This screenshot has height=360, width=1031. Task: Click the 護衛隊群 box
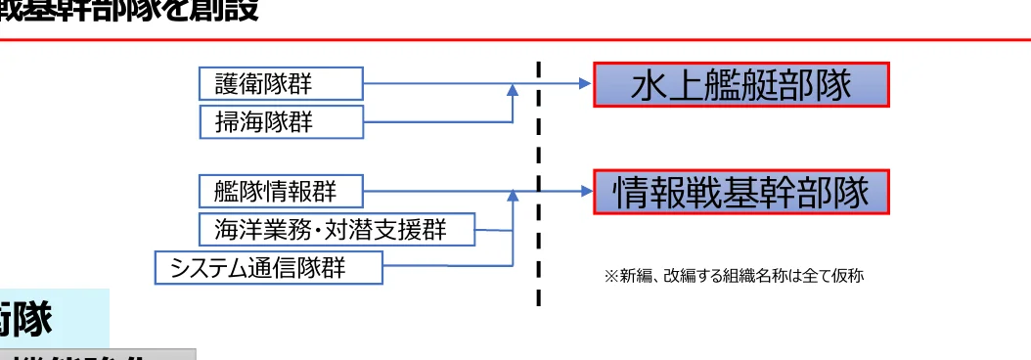pos(281,83)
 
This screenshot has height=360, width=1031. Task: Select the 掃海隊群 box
pos(281,121)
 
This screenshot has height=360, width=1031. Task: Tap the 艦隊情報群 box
pos(281,191)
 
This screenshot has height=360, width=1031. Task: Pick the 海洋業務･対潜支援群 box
pos(337,229)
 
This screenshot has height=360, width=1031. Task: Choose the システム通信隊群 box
pos(269,267)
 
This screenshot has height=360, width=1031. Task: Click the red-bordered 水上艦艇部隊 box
pos(741,85)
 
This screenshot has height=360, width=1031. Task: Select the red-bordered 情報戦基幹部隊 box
pos(741,193)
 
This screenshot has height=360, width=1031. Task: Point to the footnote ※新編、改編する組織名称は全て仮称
pos(735,277)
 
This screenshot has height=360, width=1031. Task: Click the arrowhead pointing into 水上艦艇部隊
pos(586,84)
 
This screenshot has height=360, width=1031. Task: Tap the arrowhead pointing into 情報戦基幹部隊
pos(586,192)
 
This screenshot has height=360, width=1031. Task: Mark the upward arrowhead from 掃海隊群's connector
pos(513,90)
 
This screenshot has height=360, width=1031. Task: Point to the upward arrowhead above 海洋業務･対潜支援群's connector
pos(513,198)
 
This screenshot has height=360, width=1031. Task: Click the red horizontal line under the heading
pos(515,39)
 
